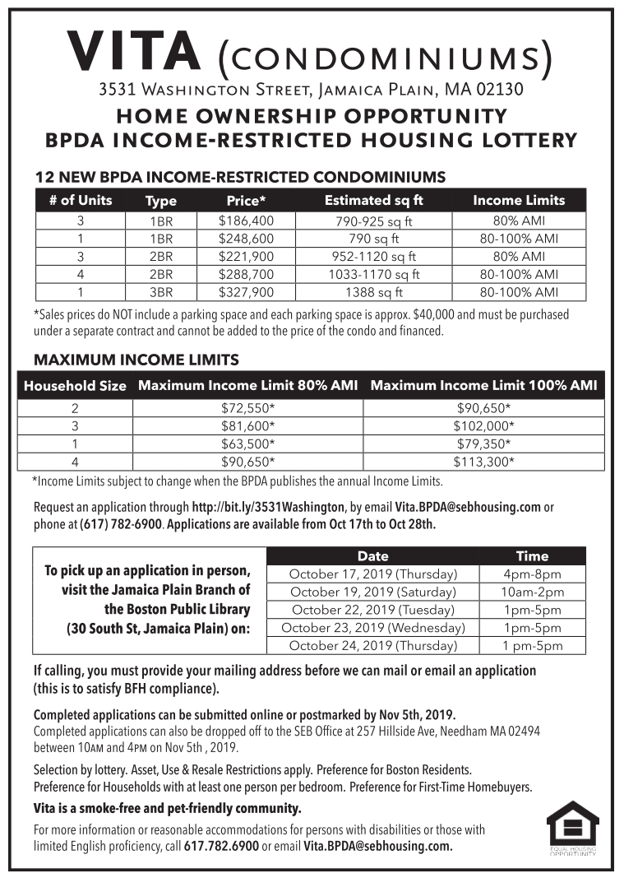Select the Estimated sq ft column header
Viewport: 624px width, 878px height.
(x=374, y=200)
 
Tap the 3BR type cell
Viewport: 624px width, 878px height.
(x=160, y=291)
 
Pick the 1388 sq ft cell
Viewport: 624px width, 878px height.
(x=374, y=291)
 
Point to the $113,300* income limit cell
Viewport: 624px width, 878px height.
(x=484, y=462)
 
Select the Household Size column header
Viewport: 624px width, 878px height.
(x=75, y=385)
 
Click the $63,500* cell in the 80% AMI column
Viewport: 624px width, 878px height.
(x=247, y=444)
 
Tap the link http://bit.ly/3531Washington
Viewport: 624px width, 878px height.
(x=268, y=508)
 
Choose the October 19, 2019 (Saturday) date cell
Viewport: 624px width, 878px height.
(x=372, y=592)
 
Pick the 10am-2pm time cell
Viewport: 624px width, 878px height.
(x=532, y=592)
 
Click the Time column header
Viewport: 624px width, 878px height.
(x=532, y=555)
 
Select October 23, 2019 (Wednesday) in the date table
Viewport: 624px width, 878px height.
(x=372, y=628)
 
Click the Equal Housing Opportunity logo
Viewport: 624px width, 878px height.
(x=572, y=829)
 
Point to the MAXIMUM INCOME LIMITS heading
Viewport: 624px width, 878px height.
(x=136, y=360)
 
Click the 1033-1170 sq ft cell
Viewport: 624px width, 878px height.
(x=374, y=274)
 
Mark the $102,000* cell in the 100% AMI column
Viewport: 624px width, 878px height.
(x=484, y=425)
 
